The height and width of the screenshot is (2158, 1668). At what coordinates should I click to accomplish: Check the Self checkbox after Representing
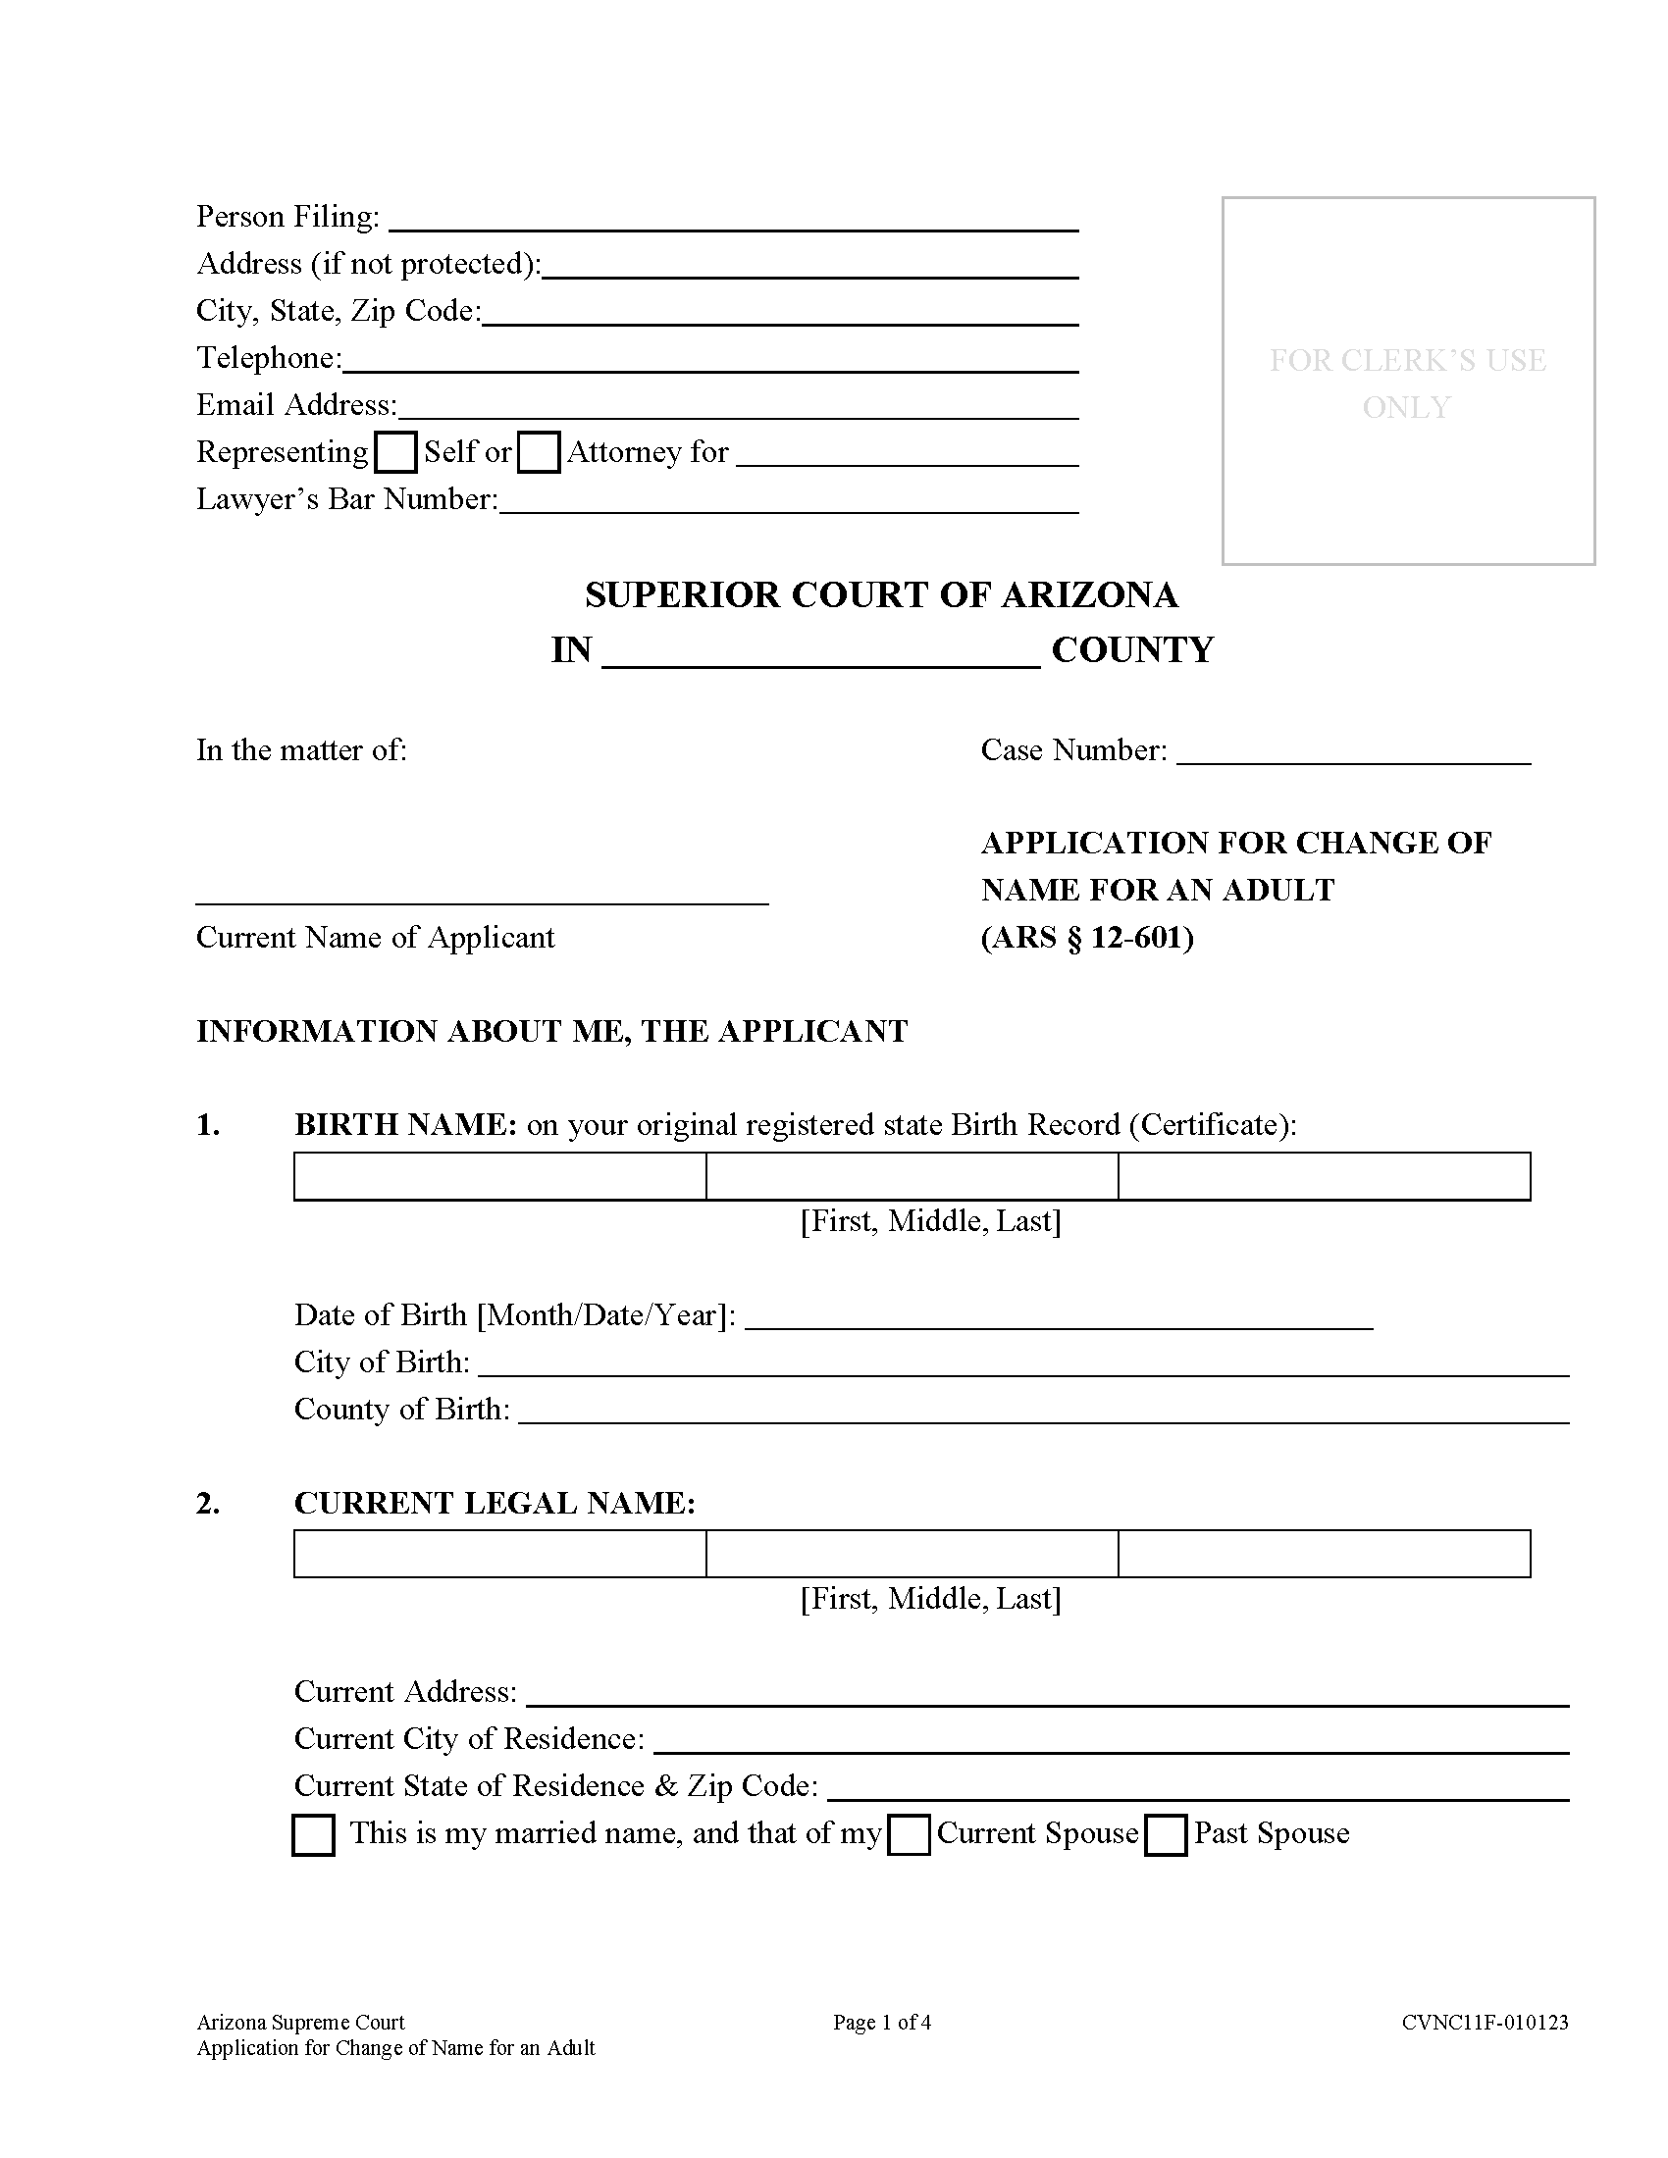(396, 452)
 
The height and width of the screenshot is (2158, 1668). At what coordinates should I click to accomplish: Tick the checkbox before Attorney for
(539, 452)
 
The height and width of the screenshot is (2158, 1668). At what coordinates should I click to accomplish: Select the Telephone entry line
(709, 361)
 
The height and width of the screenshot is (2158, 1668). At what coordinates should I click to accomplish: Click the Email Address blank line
(737, 408)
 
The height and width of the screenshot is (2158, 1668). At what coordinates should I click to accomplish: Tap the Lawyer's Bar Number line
(789, 502)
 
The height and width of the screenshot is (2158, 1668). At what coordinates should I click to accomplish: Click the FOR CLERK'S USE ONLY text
(1407, 384)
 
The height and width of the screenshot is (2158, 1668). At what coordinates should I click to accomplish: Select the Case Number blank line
(1353, 751)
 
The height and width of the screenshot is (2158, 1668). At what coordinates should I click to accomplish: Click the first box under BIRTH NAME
(500, 1176)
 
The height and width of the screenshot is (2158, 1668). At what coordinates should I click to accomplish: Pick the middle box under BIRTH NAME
(912, 1176)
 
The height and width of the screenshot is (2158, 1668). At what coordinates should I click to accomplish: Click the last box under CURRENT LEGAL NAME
(1325, 1555)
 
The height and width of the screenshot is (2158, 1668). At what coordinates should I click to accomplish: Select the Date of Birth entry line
(1059, 1317)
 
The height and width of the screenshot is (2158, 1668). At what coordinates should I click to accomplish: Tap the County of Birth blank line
(1044, 1411)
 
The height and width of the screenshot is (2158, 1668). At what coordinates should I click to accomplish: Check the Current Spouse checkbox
(909, 1836)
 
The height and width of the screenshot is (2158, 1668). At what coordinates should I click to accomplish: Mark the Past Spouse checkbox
(1165, 1836)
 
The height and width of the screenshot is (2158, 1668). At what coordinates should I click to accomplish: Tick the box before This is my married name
(313, 1836)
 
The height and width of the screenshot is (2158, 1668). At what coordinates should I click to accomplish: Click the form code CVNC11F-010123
(1485, 2023)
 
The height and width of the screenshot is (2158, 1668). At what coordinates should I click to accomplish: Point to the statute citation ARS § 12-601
(1087, 938)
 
